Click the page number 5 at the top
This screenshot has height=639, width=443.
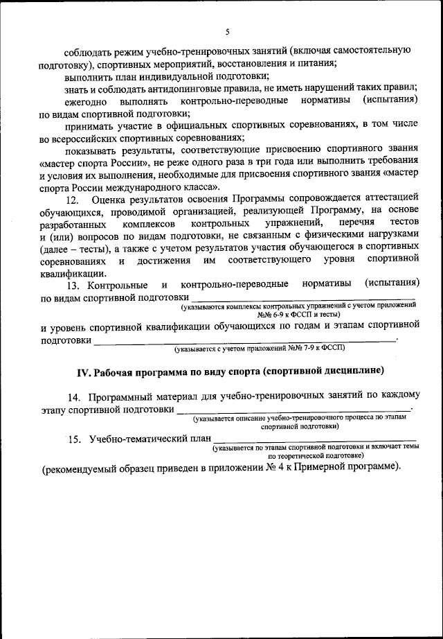click(x=227, y=30)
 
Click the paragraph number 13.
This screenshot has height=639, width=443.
click(x=74, y=284)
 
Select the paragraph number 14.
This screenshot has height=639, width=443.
click(x=74, y=396)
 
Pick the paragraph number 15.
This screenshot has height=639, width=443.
click(x=74, y=439)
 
